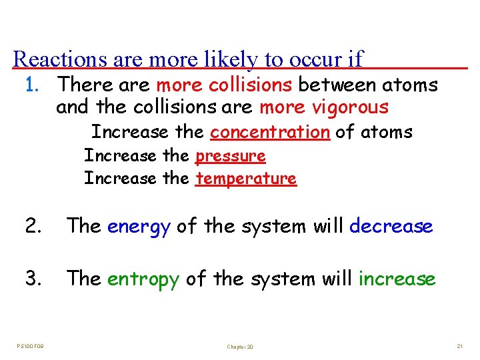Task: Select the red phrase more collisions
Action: pyautogui.click(x=223, y=85)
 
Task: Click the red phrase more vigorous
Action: pyautogui.click(x=323, y=107)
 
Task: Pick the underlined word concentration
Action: pyautogui.click(x=269, y=132)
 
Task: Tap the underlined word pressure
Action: pyautogui.click(x=230, y=157)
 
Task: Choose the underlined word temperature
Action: pyautogui.click(x=245, y=179)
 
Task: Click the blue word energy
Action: pyautogui.click(x=139, y=227)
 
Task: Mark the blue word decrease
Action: pyautogui.click(x=391, y=227)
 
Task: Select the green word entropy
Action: pyautogui.click(x=143, y=279)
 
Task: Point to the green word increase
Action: pyautogui.click(x=397, y=279)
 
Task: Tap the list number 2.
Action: pyautogui.click(x=33, y=227)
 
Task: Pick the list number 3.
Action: pyautogui.click(x=33, y=279)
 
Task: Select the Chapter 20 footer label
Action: pyautogui.click(x=240, y=347)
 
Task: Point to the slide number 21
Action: pyautogui.click(x=459, y=345)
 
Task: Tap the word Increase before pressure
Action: pyautogui.click(x=120, y=157)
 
